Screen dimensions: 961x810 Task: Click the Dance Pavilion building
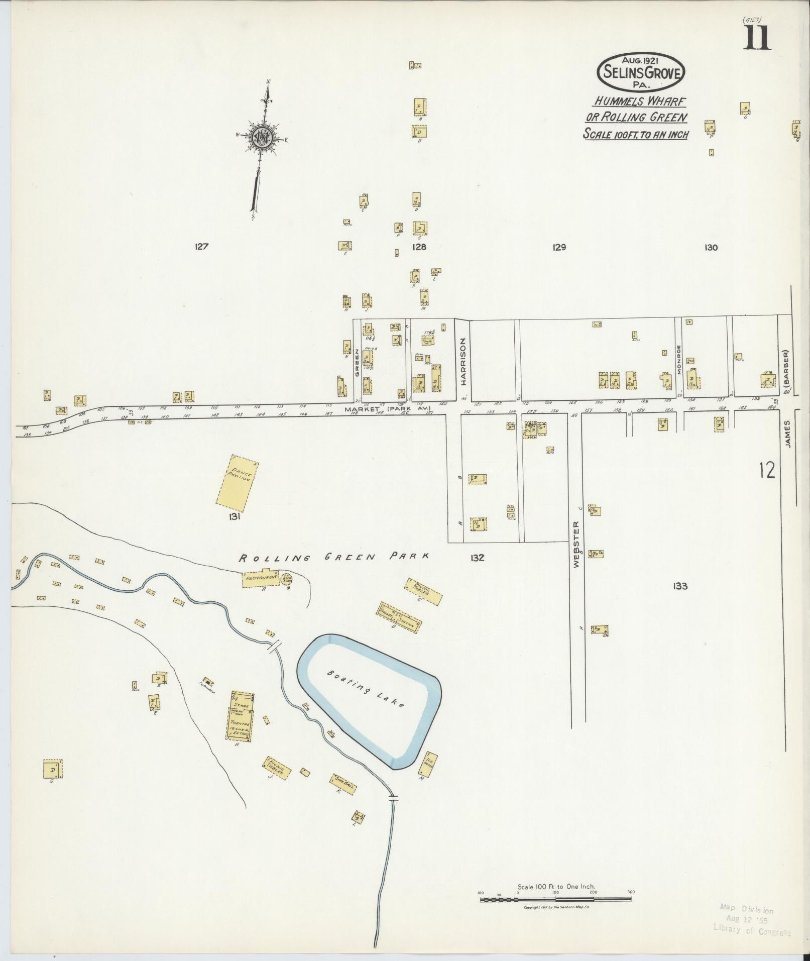[236, 481]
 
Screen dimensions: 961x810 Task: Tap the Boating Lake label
[366, 689]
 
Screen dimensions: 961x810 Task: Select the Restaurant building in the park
[261, 578]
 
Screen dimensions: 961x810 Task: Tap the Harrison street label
[464, 361]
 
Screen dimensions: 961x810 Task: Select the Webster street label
[576, 544]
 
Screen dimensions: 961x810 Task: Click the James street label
[787, 433]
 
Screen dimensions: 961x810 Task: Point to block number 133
[679, 586]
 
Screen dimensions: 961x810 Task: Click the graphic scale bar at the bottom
[555, 899]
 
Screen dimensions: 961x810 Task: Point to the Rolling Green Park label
[334, 557]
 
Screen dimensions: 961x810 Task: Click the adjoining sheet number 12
[767, 470]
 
